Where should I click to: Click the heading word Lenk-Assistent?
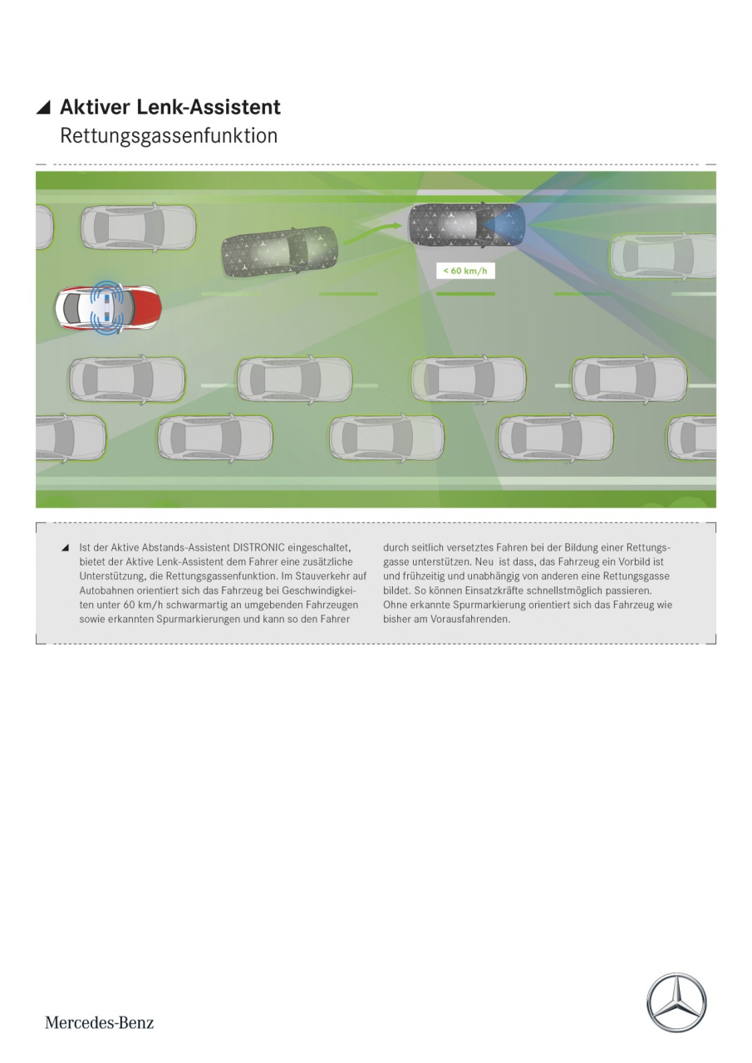(x=209, y=107)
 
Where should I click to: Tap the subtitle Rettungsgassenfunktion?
(x=169, y=136)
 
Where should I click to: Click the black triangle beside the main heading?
(x=43, y=108)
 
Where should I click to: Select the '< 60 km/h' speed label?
(x=465, y=271)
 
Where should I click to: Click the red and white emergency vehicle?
(x=108, y=307)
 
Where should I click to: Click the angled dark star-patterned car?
(x=280, y=251)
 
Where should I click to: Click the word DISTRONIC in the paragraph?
(x=259, y=547)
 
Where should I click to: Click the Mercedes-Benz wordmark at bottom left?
(x=99, y=1022)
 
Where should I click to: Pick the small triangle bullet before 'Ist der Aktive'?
(x=65, y=548)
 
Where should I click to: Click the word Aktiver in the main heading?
(x=95, y=107)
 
